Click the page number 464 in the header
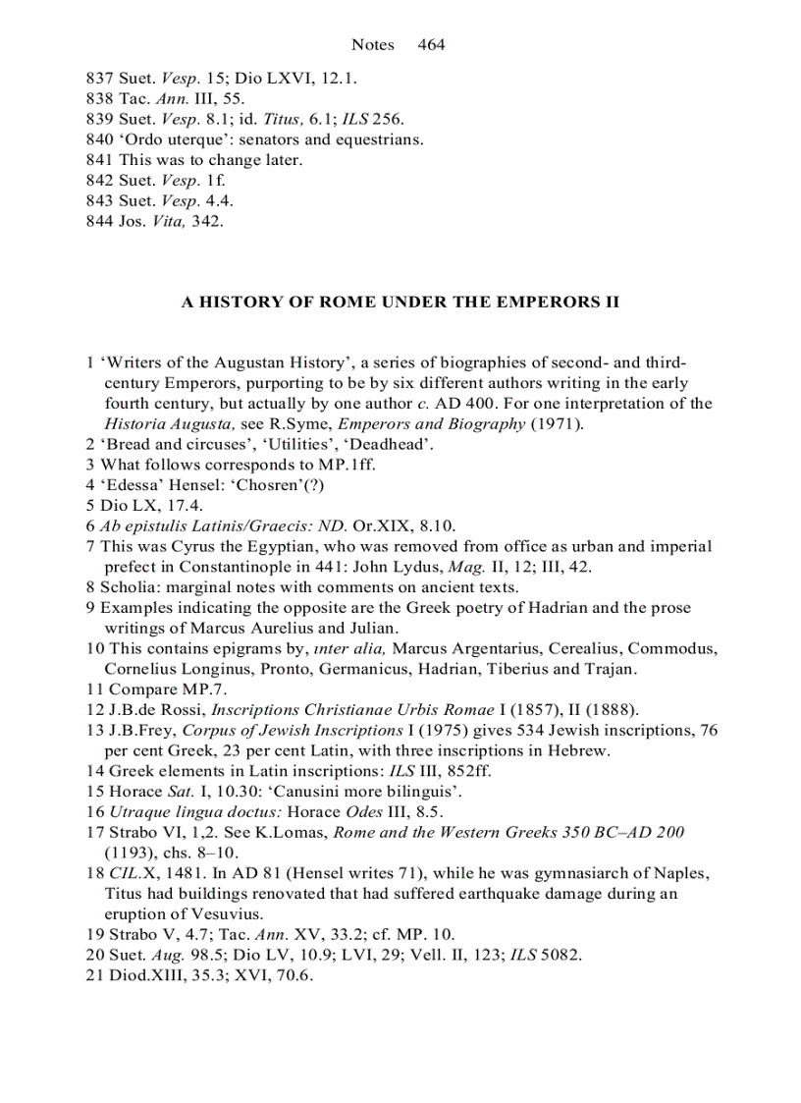coord(431,44)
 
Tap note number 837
coord(100,78)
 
